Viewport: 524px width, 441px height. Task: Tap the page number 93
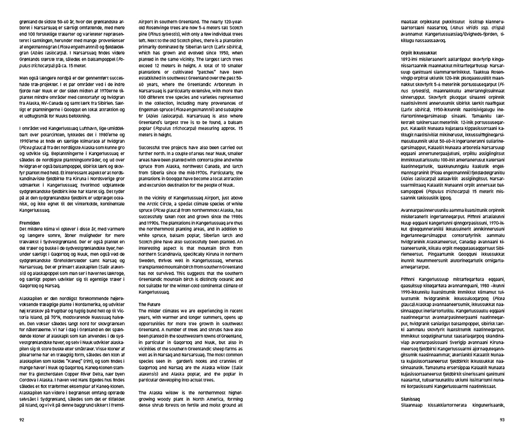[x=502, y=420]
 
